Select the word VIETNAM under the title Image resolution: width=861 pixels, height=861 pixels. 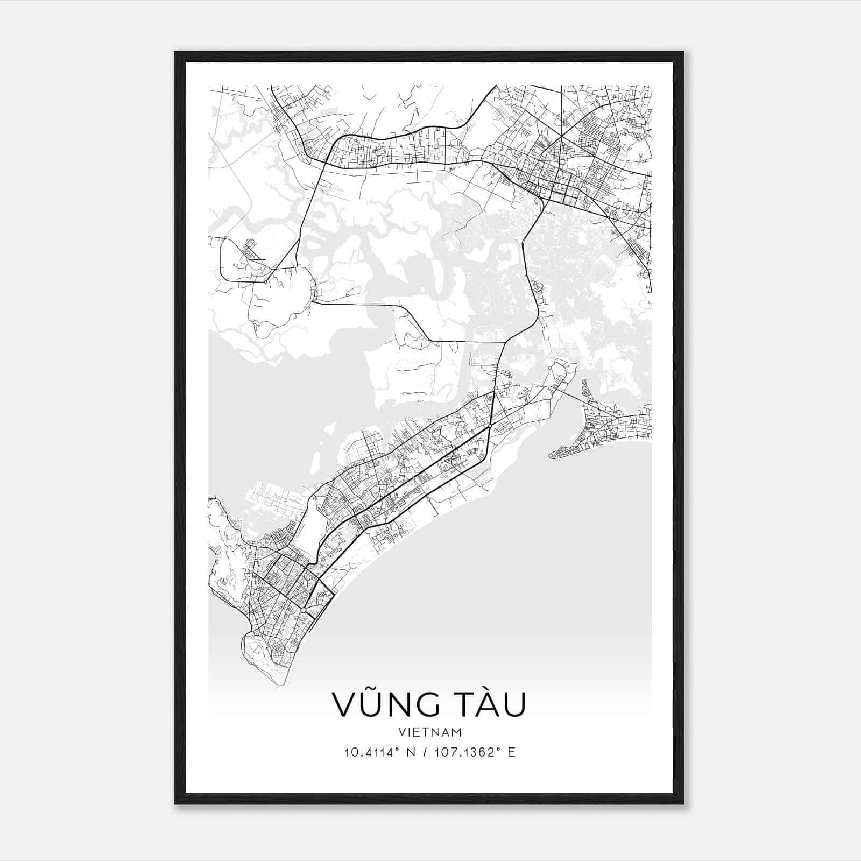pyautogui.click(x=430, y=732)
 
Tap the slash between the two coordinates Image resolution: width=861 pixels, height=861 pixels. pyautogui.click(x=425, y=752)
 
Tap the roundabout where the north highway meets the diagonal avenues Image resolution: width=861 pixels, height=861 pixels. pyautogui.click(x=490, y=426)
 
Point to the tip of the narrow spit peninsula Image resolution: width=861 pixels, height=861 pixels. pyautogui.click(x=552, y=456)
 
